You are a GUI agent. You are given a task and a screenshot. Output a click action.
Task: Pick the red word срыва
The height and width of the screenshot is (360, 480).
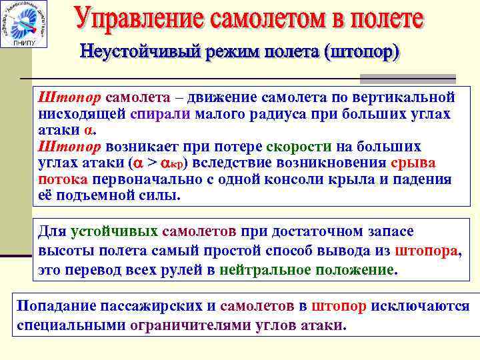pyautogui.click(x=413, y=163)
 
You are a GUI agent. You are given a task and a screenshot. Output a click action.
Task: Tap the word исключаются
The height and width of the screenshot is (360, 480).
pyautogui.click(x=420, y=306)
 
